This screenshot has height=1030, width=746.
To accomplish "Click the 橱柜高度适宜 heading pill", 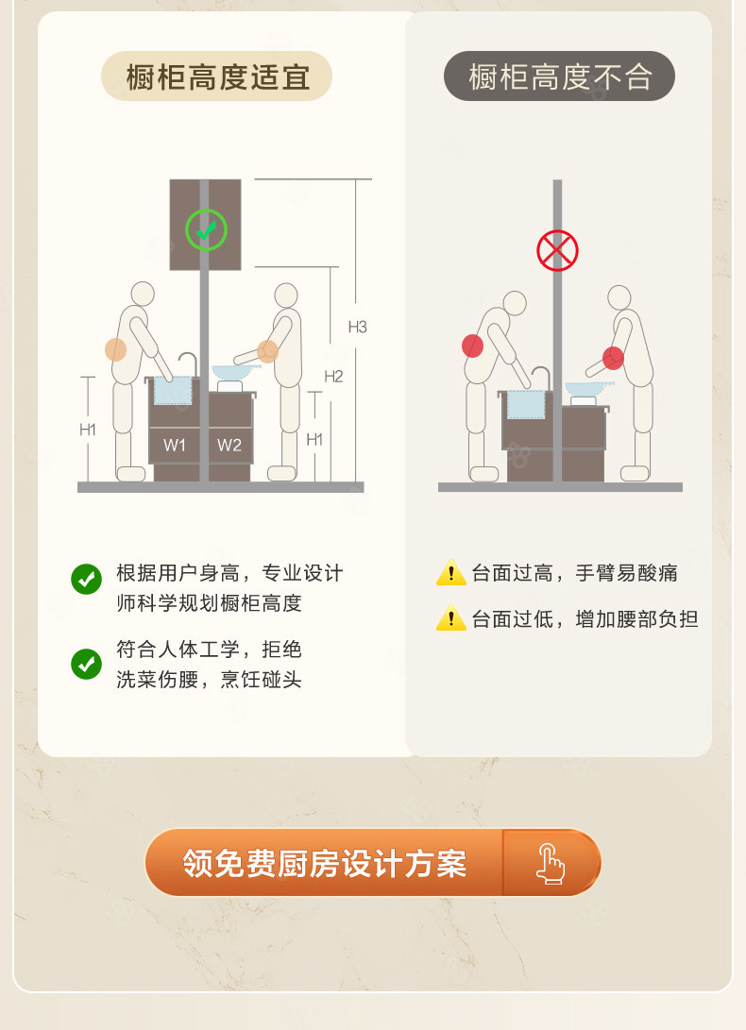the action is [216, 76].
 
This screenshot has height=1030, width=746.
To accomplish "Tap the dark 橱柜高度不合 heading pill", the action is [559, 76].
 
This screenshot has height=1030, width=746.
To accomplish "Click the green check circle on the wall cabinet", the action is [207, 230].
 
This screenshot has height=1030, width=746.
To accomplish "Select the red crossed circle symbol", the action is [557, 250].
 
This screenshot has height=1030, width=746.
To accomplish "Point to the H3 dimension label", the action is [358, 327].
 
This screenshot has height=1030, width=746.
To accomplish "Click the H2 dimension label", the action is [334, 377].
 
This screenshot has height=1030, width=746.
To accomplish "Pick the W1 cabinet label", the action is [174, 446].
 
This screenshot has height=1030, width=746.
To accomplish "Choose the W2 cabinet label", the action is [229, 446].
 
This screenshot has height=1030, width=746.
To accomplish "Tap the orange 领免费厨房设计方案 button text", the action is [325, 863].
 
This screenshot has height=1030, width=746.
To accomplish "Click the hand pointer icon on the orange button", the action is [551, 864].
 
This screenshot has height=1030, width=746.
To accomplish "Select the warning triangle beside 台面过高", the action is [450, 573].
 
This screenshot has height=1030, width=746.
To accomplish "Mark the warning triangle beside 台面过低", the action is [450, 618].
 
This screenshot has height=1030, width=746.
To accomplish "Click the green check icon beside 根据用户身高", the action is [86, 579].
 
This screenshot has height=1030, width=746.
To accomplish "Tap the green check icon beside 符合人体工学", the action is [86, 664].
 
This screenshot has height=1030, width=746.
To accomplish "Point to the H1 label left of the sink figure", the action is [88, 430].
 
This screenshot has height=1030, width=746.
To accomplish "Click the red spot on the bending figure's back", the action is [472, 346].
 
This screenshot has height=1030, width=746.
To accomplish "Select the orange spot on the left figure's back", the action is [116, 349].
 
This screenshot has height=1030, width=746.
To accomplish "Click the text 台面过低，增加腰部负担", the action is [585, 618].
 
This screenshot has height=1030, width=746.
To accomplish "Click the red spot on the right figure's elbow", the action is [613, 358].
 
